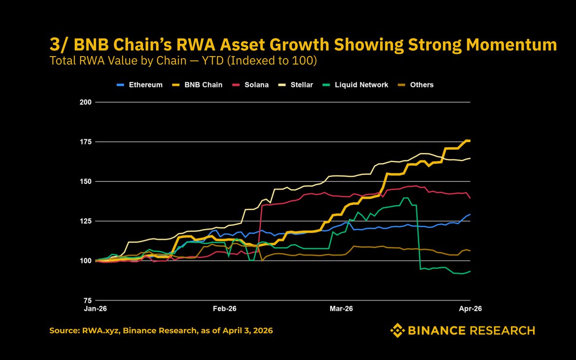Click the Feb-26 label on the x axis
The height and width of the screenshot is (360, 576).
[x=225, y=309]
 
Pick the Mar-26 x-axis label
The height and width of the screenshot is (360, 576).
[x=341, y=309]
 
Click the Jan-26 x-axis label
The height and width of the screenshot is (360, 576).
[x=96, y=309]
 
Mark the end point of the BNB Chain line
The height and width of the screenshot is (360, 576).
[x=469, y=141]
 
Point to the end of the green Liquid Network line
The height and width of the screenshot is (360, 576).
[x=469, y=271]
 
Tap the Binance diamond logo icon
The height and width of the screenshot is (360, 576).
[x=397, y=330]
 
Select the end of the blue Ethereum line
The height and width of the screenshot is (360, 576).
[x=469, y=214]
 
